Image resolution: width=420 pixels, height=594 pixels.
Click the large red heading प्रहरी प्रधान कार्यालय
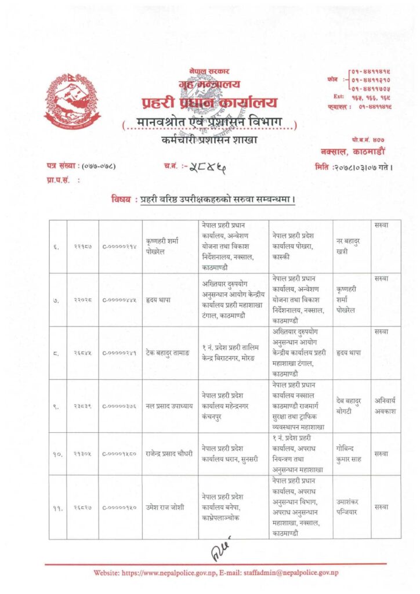(209, 104)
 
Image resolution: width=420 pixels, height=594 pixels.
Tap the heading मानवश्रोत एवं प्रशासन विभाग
(209, 124)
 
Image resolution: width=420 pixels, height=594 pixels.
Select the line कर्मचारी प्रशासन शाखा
(209, 141)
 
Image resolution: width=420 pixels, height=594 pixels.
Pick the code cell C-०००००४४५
(120, 301)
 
